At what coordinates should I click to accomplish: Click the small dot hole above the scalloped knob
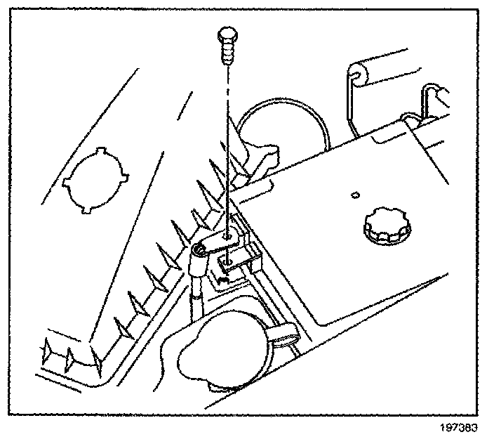point(356,195)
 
